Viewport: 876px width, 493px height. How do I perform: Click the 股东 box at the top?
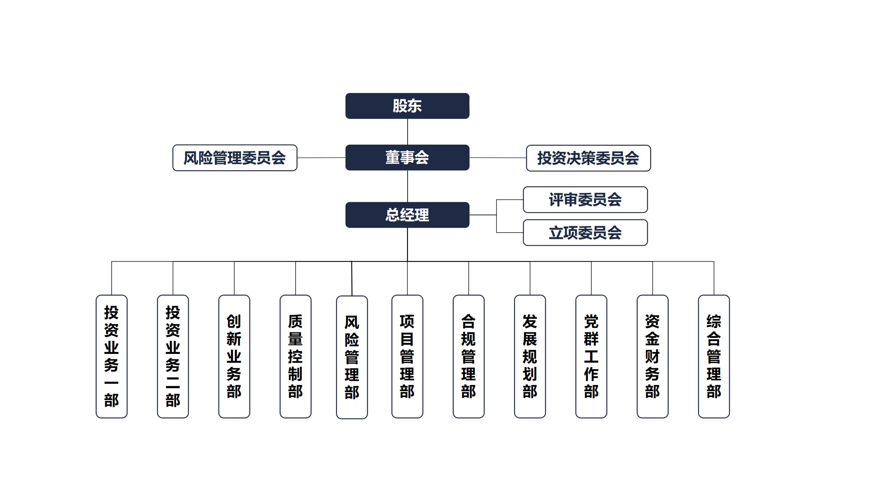407,106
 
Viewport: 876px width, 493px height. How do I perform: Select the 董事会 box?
407,157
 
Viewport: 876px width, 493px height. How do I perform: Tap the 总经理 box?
407,215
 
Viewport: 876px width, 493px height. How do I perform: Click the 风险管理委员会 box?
235,158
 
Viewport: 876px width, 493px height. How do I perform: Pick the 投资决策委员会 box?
588,158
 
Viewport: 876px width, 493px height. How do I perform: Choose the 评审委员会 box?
585,200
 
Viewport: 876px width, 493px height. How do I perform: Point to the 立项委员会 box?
585,233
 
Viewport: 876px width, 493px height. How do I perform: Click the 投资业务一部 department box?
112,356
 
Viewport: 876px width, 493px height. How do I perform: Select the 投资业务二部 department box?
173,356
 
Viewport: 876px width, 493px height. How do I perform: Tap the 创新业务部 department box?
234,356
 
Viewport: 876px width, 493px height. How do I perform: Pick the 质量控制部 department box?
295,356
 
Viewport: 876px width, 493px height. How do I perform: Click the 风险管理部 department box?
352,357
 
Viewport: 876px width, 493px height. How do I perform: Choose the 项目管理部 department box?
407,356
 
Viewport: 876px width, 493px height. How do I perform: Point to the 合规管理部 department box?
468,356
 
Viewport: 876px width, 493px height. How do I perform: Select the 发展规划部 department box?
530,356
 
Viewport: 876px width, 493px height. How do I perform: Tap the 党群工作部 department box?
591,356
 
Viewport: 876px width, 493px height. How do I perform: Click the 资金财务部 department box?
652,356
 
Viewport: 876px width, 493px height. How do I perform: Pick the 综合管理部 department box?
713,356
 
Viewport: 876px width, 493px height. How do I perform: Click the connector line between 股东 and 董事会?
407,132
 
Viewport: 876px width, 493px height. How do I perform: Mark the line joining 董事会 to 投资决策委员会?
498,158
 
